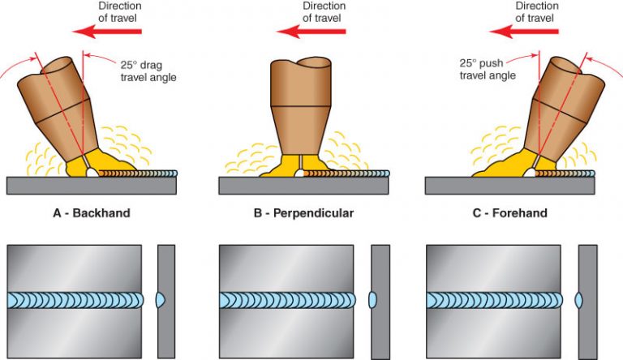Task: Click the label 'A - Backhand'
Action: click(x=91, y=213)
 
